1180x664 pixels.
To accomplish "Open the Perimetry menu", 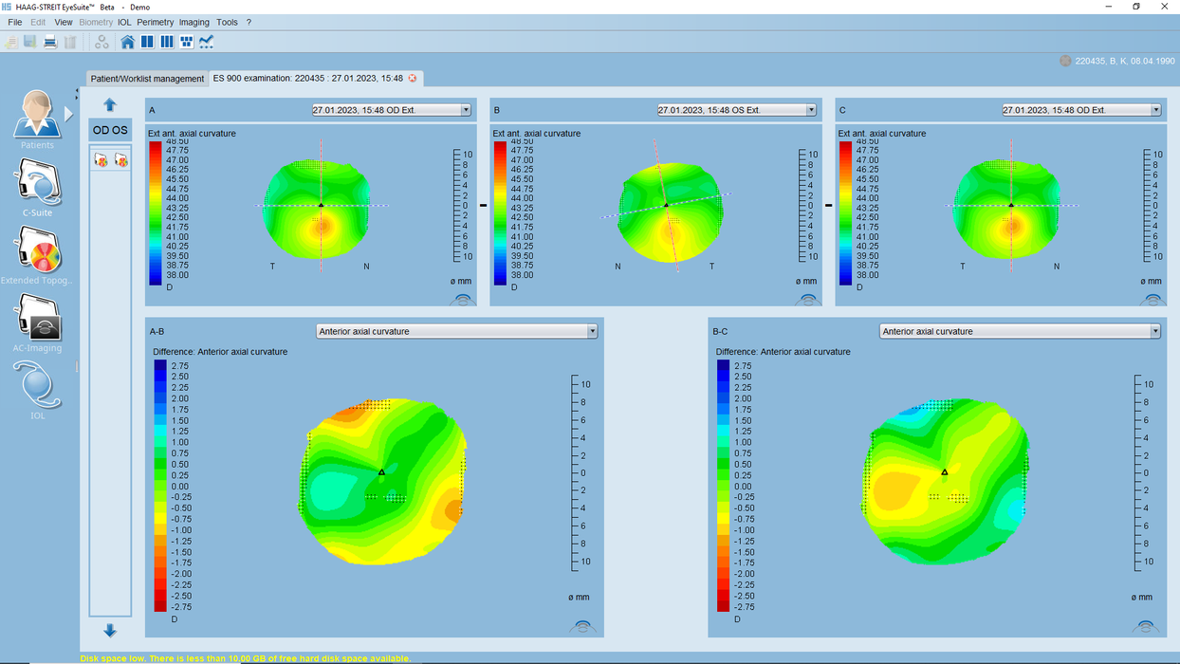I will (x=156, y=22).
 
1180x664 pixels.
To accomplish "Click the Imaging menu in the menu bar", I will (x=194, y=22).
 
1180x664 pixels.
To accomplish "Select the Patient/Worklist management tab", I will (x=147, y=79).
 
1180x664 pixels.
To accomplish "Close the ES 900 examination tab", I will (x=413, y=79).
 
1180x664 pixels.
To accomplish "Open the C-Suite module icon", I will (x=38, y=184).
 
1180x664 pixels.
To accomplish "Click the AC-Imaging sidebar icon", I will (x=38, y=320).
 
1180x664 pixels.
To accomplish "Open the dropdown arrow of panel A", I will (x=466, y=110).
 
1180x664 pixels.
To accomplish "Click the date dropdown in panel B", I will (x=737, y=110).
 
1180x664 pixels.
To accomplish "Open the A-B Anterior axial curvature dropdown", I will (x=456, y=331).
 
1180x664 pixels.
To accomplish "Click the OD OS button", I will (x=110, y=130).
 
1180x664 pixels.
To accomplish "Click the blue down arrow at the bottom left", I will (x=110, y=631).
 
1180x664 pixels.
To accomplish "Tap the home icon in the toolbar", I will (x=128, y=42).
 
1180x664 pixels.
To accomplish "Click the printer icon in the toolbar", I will (x=50, y=42).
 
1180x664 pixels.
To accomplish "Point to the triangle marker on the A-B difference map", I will (x=382, y=471).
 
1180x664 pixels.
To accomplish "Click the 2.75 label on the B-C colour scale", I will (x=743, y=365).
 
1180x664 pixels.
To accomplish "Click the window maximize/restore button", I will (x=1136, y=7).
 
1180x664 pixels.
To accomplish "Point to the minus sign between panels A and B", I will (x=483, y=205).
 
